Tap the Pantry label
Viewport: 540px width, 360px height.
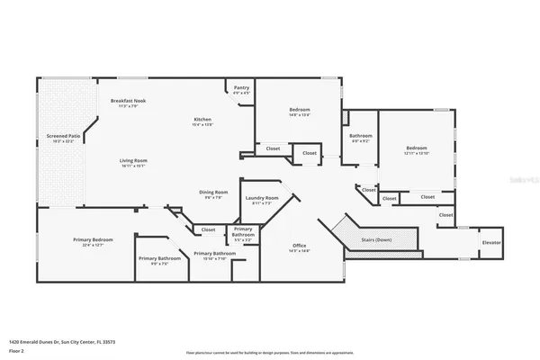click(x=241, y=87)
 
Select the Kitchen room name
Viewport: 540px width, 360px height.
click(x=203, y=120)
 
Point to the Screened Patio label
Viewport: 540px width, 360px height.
click(x=63, y=136)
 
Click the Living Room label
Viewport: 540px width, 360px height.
click(x=133, y=161)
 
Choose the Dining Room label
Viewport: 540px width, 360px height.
click(x=213, y=192)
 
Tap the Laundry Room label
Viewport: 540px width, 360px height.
click(x=261, y=198)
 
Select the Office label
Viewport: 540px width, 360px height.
click(x=299, y=246)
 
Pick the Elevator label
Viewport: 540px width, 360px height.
click(x=491, y=243)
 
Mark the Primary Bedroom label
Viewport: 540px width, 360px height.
click(x=93, y=239)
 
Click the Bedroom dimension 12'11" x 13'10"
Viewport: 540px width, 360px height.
click(x=418, y=153)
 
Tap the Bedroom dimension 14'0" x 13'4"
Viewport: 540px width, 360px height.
click(x=300, y=115)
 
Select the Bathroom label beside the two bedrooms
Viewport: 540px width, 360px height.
click(x=360, y=135)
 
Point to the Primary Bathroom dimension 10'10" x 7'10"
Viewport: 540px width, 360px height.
click(x=215, y=258)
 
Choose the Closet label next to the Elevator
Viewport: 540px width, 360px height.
click(x=445, y=215)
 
